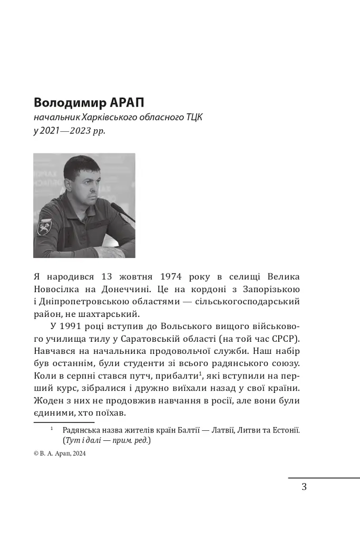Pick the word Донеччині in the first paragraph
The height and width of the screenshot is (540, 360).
pos(130,289)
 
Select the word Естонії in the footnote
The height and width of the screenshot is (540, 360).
pos(285,430)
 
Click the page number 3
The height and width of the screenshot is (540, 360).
pos(304,487)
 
